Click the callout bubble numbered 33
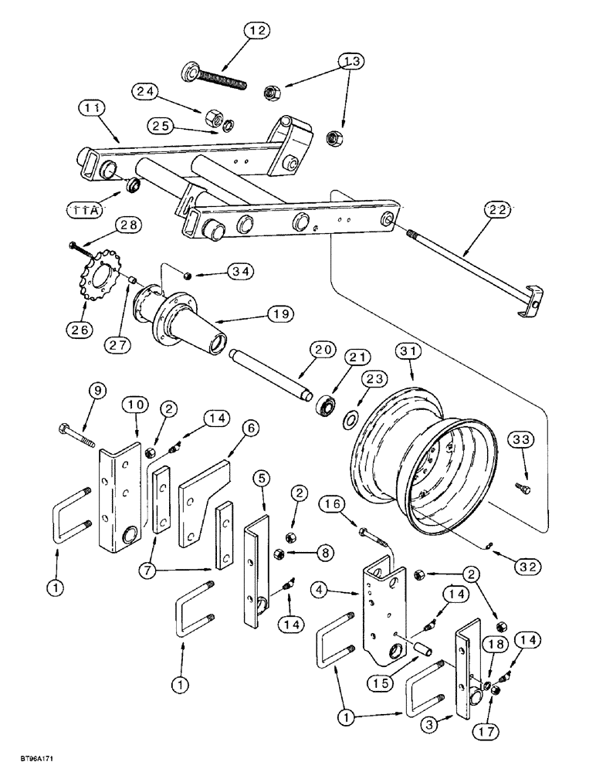pos(520,442)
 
